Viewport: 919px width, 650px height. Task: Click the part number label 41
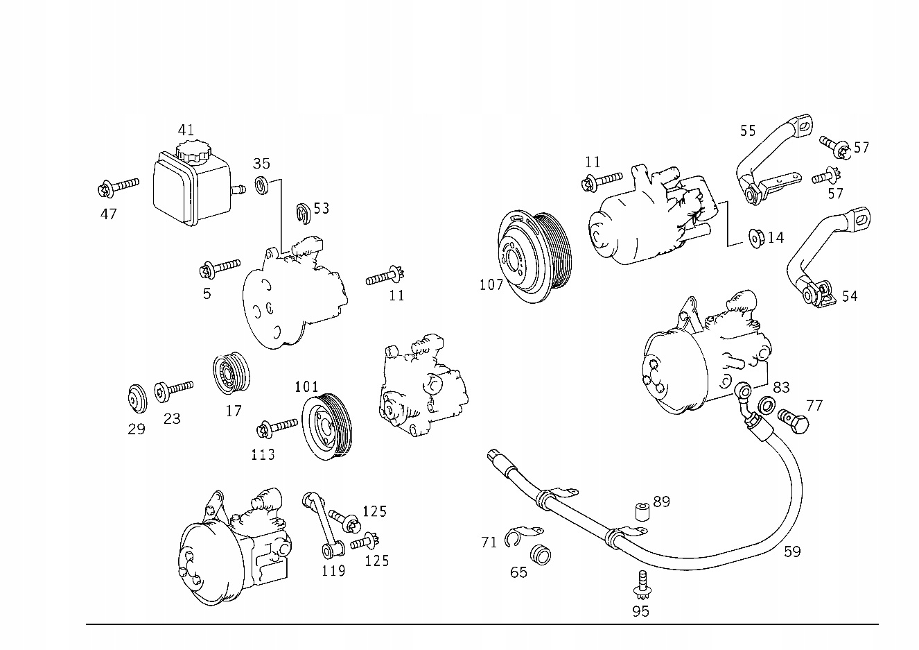click(186, 130)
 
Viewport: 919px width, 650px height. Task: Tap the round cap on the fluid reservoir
click(189, 151)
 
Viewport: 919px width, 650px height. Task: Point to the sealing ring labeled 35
click(262, 186)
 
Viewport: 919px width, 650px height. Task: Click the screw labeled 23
click(173, 389)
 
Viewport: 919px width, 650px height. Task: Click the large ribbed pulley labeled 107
click(532, 257)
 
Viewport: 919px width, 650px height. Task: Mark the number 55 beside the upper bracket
click(747, 130)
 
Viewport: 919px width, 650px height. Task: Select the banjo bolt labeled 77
click(793, 419)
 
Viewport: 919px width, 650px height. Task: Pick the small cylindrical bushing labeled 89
click(642, 511)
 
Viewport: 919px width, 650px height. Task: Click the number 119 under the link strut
click(333, 570)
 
